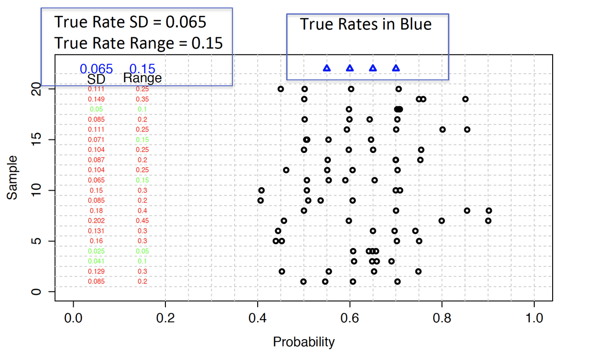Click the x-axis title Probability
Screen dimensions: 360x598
click(303, 343)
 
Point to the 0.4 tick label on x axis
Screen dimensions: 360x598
click(257, 318)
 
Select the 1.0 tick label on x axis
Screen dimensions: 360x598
click(534, 318)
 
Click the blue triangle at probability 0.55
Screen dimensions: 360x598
click(327, 68)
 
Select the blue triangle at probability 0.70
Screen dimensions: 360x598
click(396, 68)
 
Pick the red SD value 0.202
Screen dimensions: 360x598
click(97, 221)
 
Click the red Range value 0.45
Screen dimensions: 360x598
click(143, 221)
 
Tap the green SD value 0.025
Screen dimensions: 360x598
click(97, 251)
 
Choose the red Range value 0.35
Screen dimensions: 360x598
click(143, 99)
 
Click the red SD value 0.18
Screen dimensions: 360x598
click(97, 211)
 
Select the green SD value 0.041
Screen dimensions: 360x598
click(97, 261)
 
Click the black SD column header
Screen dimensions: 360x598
click(96, 79)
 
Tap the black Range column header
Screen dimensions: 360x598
click(143, 79)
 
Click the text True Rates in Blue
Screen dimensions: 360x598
click(366, 24)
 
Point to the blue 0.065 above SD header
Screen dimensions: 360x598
click(96, 69)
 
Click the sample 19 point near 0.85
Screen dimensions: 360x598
click(465, 99)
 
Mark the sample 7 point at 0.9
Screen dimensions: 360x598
click(488, 221)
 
